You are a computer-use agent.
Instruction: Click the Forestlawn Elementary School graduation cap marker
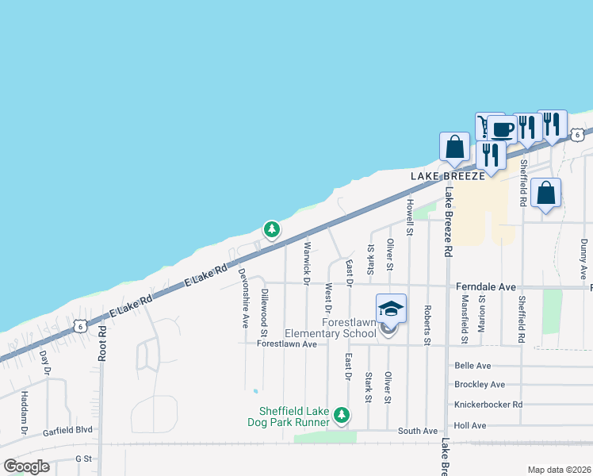click(x=391, y=309)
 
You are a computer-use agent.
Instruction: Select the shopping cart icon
click(x=485, y=125)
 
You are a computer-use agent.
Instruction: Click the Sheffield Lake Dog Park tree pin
click(x=341, y=415)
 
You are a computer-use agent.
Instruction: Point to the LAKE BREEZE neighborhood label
click(x=446, y=176)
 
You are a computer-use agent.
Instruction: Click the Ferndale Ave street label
click(x=485, y=286)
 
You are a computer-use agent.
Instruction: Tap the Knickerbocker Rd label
click(x=489, y=404)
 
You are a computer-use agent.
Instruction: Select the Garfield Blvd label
click(x=68, y=430)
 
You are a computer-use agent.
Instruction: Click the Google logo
click(x=26, y=466)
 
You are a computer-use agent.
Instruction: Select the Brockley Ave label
click(x=480, y=385)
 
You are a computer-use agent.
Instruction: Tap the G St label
click(x=83, y=459)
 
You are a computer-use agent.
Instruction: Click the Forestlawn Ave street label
click(x=287, y=344)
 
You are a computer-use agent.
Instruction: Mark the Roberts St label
click(x=427, y=325)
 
